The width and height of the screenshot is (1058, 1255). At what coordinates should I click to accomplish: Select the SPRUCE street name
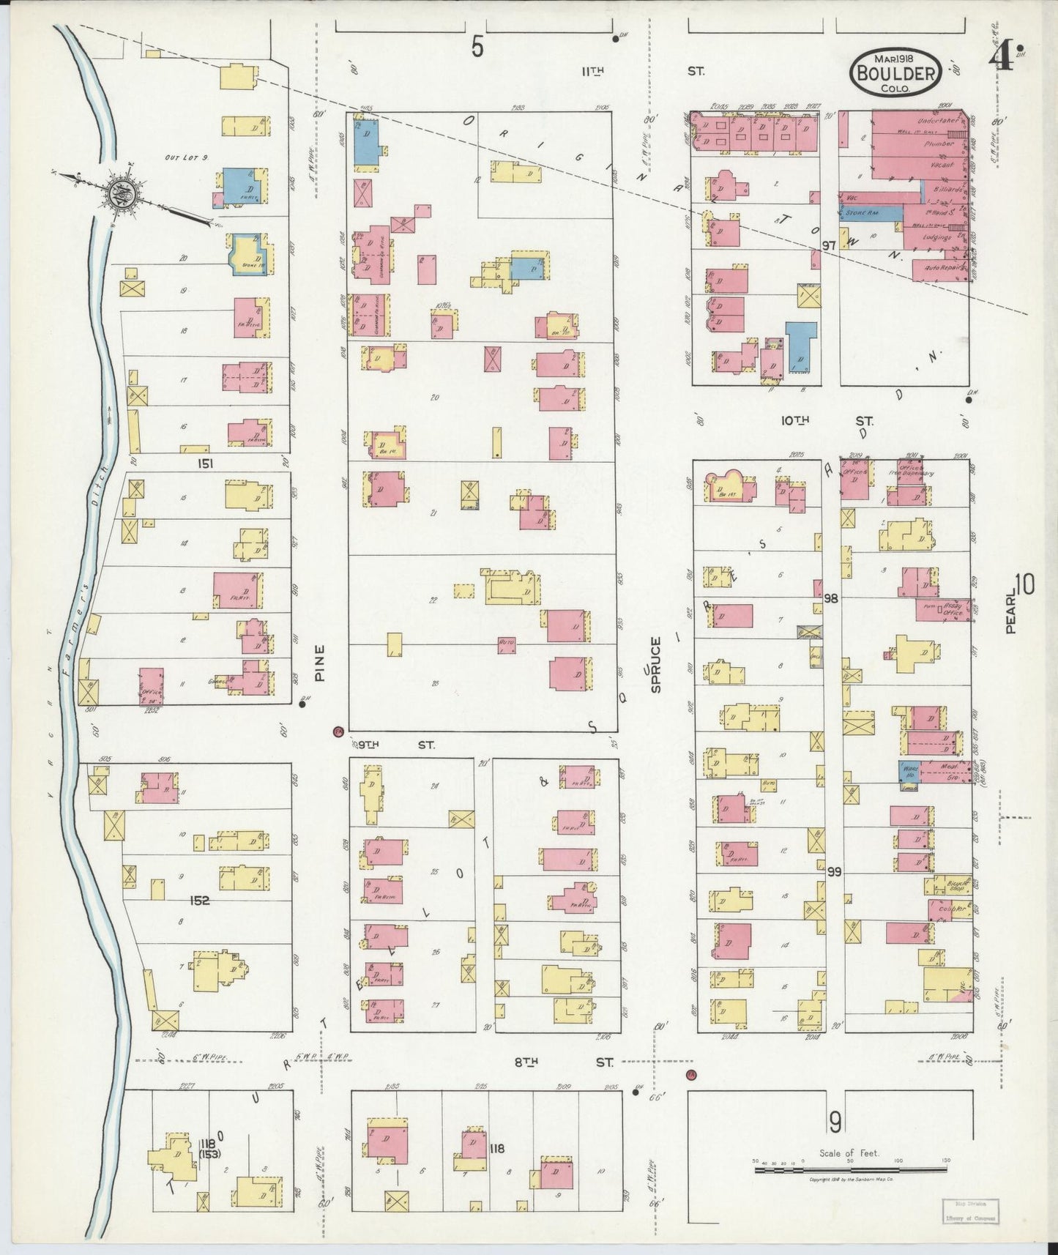[x=655, y=665]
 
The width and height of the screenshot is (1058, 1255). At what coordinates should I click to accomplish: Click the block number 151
[x=206, y=463]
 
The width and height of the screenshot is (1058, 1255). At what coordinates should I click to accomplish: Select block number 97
[x=829, y=245]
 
